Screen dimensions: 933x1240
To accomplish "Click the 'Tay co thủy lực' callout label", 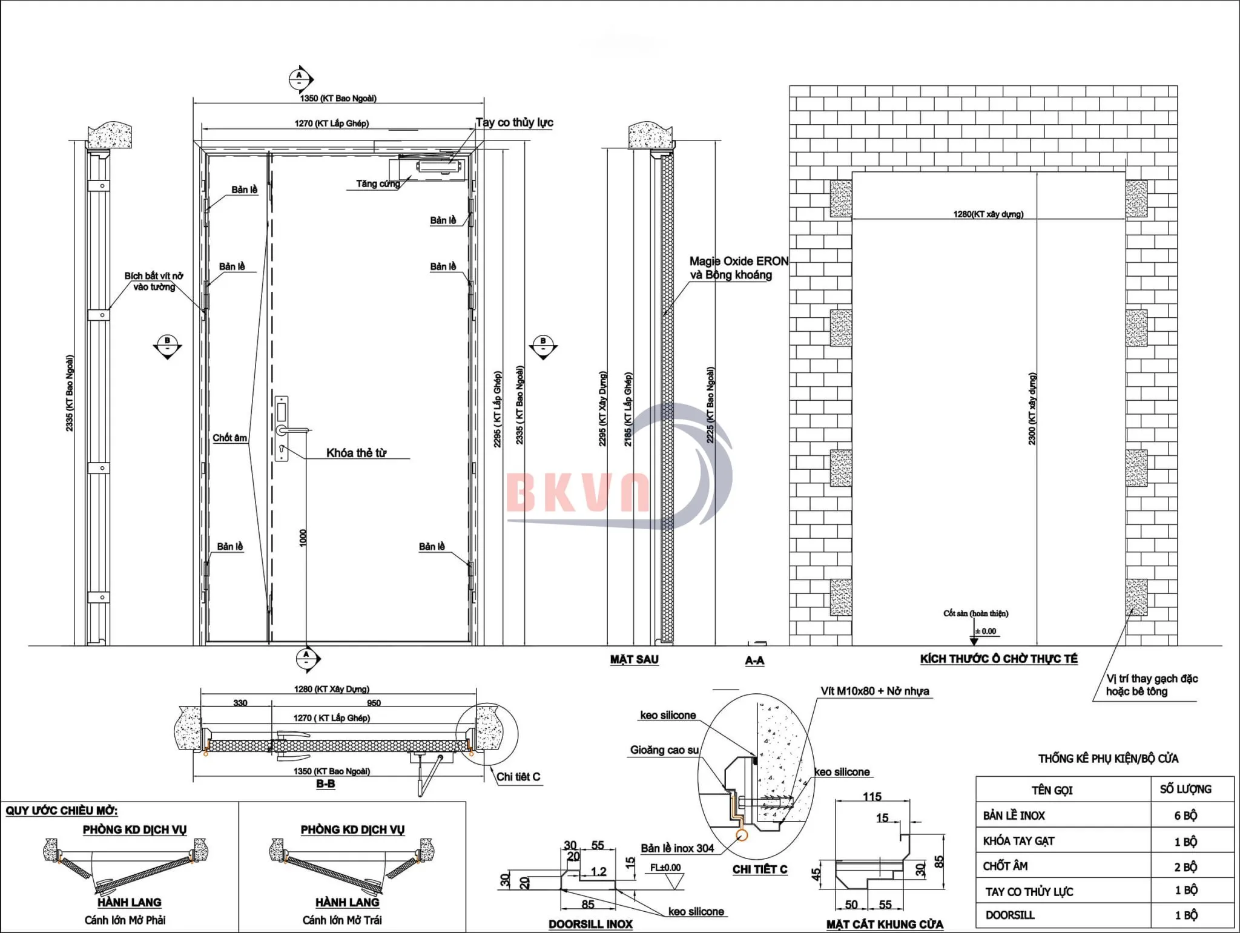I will tap(514, 123).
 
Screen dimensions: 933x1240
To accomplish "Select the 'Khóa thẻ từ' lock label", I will tap(356, 453).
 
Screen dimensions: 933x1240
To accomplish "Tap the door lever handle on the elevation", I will tap(295, 430).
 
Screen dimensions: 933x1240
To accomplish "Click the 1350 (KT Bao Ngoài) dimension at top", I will tap(338, 99).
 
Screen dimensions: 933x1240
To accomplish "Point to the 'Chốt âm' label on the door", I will tap(229, 438).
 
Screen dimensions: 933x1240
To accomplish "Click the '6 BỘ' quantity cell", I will tap(1186, 816).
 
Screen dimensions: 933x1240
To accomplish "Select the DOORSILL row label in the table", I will tap(1009, 915).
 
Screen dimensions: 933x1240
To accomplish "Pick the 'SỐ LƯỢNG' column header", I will tap(1185, 790).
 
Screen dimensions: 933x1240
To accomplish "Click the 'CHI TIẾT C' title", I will tap(759, 869).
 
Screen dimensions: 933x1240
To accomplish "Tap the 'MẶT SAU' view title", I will tap(634, 659).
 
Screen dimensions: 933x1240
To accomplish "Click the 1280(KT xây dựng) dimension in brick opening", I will tap(988, 214).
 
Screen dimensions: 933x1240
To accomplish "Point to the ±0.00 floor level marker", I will tap(985, 631).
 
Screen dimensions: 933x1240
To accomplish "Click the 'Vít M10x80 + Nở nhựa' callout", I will tap(874, 691).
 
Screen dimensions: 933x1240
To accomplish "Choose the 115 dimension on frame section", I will tap(872, 797).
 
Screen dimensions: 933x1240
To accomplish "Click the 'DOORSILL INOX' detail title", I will tap(590, 924).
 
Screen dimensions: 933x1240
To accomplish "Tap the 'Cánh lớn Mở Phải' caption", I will tap(125, 920).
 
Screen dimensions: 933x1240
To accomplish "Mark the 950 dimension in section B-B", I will tap(374, 703).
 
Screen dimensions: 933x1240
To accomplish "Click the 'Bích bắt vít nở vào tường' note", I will tap(154, 282).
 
